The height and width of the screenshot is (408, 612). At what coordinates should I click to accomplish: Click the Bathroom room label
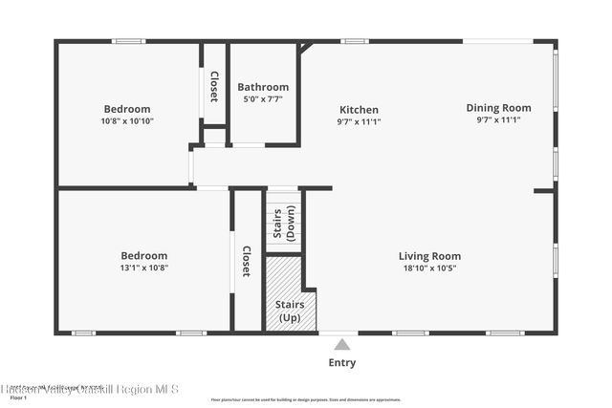263,87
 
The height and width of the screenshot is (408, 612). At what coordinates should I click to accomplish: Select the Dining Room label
498,108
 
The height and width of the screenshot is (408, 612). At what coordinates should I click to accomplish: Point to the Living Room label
429,256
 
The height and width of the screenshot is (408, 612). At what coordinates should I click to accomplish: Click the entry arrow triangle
341,345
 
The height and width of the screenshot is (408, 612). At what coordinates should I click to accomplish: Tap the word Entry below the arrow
341,363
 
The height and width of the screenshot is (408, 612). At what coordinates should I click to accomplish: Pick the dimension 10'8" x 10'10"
127,121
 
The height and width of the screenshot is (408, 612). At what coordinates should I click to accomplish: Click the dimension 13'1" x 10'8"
143,268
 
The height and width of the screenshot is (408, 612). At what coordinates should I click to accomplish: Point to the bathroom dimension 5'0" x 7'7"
263,99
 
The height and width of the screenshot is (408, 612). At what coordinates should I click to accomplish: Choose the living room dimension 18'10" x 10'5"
429,268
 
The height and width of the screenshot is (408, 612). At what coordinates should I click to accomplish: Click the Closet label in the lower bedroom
246,261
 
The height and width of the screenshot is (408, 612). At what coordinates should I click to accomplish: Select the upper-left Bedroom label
127,109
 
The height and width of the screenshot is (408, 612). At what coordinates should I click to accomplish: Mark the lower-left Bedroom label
143,255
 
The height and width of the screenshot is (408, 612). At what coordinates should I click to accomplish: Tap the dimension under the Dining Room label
498,120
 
